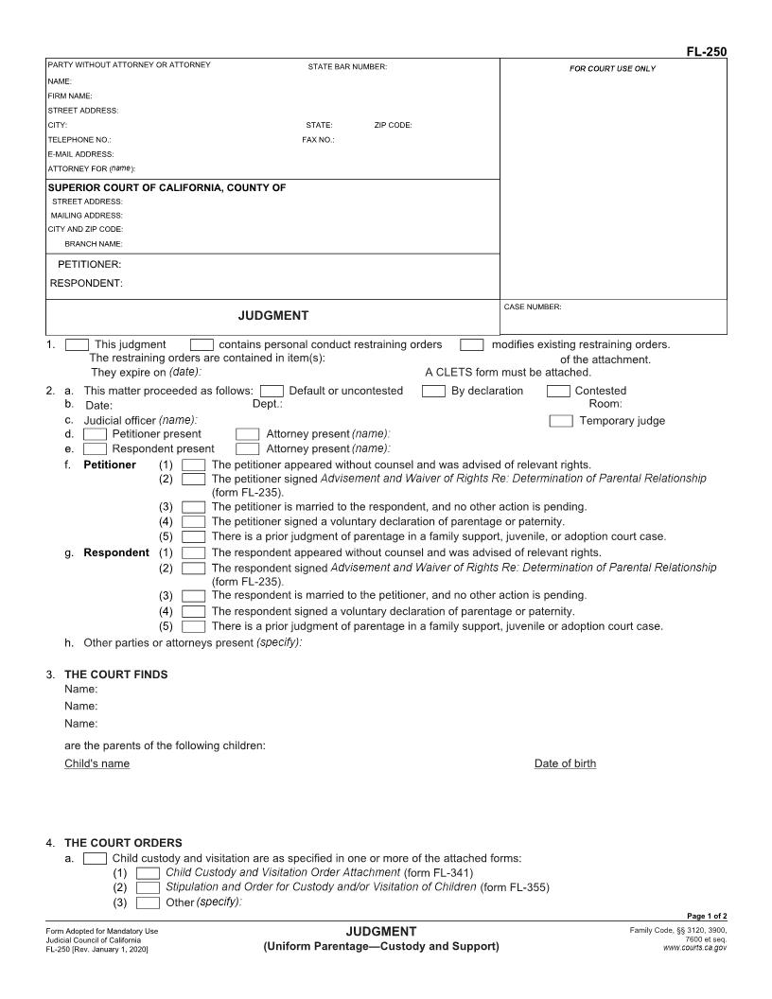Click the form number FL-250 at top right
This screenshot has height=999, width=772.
coord(707,52)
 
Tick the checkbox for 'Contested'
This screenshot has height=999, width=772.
coord(558,391)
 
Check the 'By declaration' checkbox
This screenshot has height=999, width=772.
coord(433,391)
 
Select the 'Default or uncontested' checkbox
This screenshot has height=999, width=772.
coord(272,391)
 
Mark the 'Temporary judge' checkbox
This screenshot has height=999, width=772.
coord(561,421)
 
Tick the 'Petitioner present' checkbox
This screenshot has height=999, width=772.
coord(95,434)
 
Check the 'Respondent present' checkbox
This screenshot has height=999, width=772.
coord(95,449)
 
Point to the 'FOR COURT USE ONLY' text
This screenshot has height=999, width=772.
coord(612,68)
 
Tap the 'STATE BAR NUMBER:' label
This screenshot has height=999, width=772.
coord(347,66)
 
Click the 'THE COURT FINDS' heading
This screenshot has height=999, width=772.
coord(115,675)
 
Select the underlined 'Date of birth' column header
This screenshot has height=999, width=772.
coord(565,763)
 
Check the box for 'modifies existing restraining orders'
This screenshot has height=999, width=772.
coord(472,345)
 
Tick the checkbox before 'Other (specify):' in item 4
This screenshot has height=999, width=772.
coord(148,903)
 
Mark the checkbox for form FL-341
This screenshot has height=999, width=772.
coord(148,872)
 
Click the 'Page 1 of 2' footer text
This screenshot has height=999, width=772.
coord(707,916)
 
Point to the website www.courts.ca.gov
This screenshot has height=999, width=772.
coord(695,947)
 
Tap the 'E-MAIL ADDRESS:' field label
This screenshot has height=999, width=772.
coord(80,153)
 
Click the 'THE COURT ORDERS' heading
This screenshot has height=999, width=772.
coord(123,843)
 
